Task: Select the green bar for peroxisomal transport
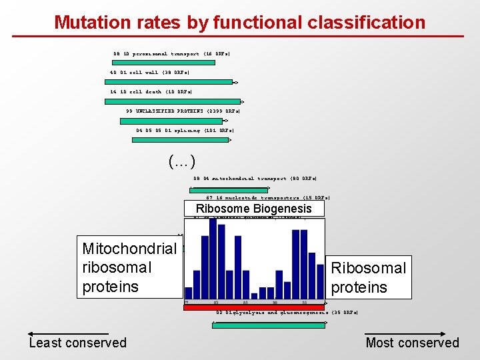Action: pyautogui.click(x=164, y=63)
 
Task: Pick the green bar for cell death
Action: pyautogui.click(x=172, y=102)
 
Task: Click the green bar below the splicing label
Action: pyautogui.click(x=185, y=140)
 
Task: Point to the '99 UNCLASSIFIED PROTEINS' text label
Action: pyautogui.click(x=183, y=111)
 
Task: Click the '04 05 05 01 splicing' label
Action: pyautogui.click(x=185, y=131)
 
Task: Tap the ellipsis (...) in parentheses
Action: pyautogui.click(x=182, y=161)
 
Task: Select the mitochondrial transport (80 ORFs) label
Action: pyautogui.click(x=255, y=179)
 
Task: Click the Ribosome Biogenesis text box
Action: pyautogui.click(x=253, y=209)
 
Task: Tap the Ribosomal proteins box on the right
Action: pyautogui.click(x=368, y=277)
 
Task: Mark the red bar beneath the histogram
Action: pyautogui.click(x=253, y=307)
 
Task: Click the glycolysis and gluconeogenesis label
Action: pyautogui.click(x=287, y=313)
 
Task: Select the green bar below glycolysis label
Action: pyautogui.click(x=269, y=325)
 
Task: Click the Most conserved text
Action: pyautogui.click(x=412, y=343)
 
